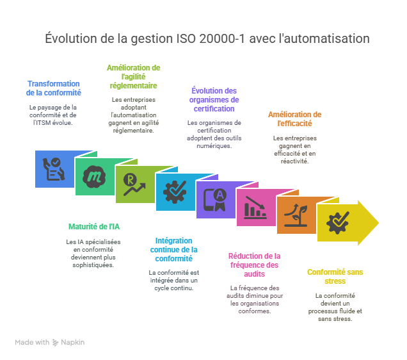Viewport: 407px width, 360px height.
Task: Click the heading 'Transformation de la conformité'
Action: [54, 88]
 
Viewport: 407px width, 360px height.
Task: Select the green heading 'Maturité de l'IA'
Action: [94, 227]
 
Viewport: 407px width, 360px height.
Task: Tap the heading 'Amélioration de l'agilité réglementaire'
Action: [133, 77]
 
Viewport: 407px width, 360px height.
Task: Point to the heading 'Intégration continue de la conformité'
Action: [173, 250]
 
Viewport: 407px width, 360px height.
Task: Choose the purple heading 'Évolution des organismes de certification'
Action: [214, 100]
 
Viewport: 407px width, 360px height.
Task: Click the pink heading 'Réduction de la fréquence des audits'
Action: [255, 265]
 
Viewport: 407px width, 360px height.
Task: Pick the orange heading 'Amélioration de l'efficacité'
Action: [294, 119]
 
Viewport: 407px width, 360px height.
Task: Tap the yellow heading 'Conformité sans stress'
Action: [335, 277]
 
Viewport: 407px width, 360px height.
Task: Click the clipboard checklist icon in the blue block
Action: [54, 169]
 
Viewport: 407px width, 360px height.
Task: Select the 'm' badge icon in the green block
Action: [94, 177]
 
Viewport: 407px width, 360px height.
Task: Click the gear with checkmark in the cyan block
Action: [175, 192]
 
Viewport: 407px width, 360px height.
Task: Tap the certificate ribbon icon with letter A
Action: [215, 200]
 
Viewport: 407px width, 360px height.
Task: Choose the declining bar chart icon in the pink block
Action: [255, 208]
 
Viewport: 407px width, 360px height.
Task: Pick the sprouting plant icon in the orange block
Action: [296, 215]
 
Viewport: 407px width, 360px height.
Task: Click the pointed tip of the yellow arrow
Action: [379, 222]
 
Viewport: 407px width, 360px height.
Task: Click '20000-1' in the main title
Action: [222, 38]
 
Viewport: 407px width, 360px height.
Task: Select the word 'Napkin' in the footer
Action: [73, 342]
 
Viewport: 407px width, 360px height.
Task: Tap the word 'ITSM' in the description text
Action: [42, 123]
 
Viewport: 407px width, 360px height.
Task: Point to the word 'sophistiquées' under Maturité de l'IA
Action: [93, 265]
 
